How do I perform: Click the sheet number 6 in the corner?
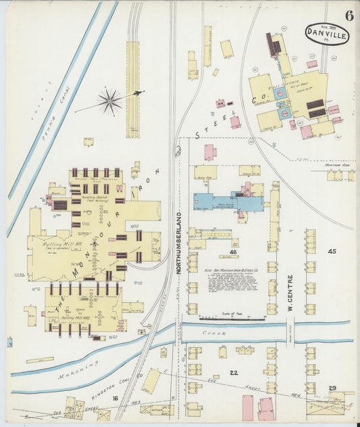[x=348, y=16]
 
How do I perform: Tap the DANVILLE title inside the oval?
[x=327, y=32]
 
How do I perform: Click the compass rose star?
[x=109, y=101]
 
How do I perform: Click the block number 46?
[x=233, y=252]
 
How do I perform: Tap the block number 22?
[x=234, y=372]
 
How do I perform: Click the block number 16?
[x=115, y=399]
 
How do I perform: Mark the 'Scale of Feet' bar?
[x=230, y=318]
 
